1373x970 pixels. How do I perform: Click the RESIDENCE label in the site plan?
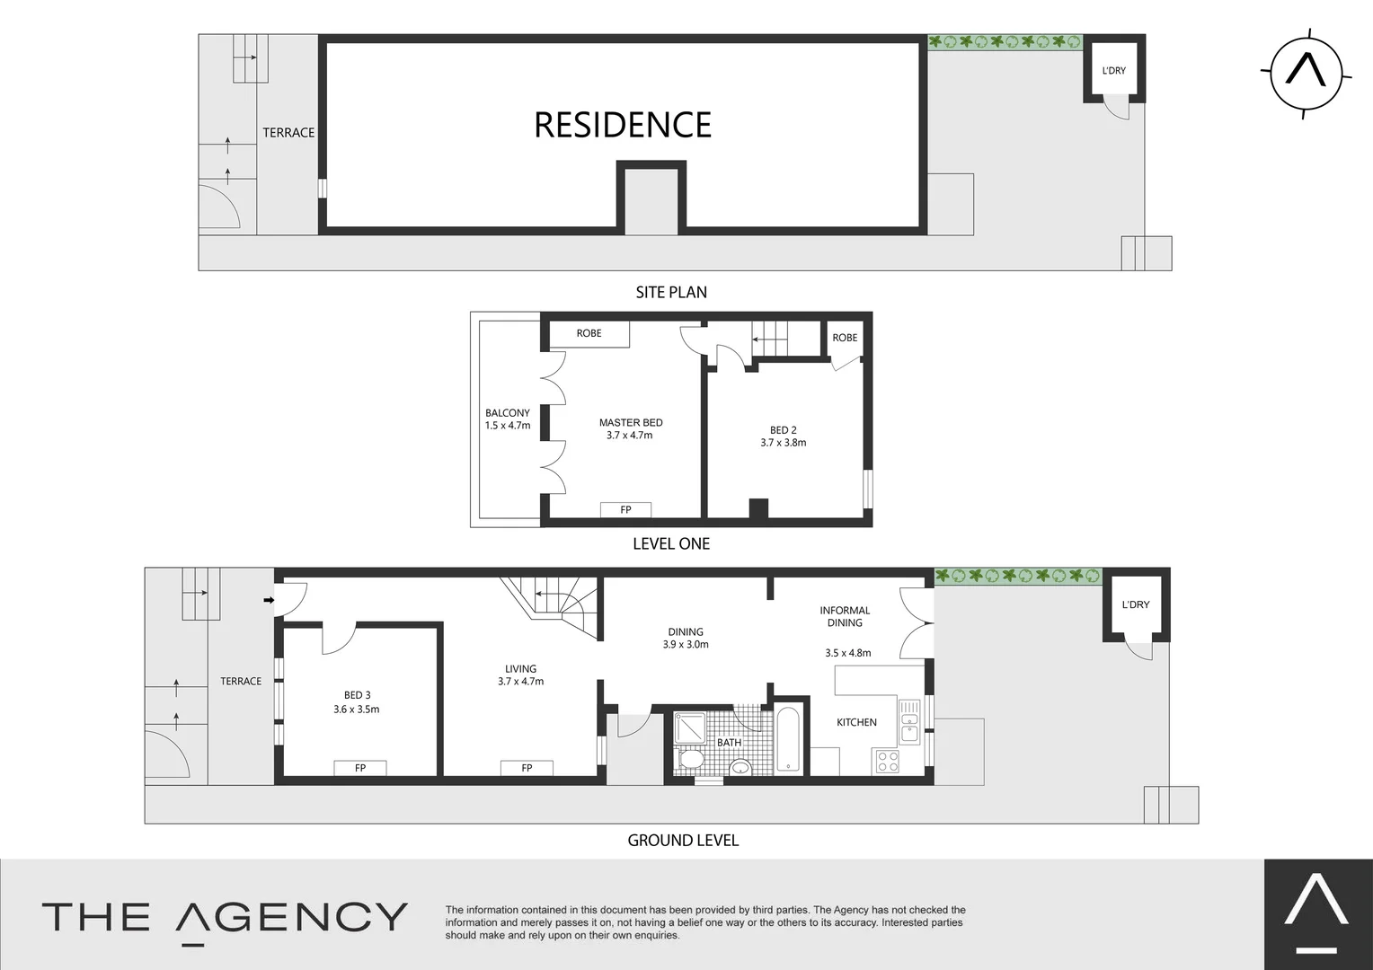623,125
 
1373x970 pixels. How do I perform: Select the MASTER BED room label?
631,422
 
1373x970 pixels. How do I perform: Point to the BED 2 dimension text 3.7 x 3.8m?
783,443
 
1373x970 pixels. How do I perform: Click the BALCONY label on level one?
508,413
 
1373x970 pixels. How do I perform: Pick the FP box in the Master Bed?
625,510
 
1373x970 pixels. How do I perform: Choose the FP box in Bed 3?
359,768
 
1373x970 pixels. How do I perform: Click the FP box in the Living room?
527,768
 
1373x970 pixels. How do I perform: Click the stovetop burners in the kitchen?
887,762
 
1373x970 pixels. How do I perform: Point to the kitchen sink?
909,721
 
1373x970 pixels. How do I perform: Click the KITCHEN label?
856,722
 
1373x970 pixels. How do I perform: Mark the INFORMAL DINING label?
845,616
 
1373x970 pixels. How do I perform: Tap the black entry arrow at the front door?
268,599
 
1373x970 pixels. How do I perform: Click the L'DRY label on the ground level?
1136,604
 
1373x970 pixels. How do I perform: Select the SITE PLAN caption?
671,292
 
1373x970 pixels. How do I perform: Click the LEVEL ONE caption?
671,543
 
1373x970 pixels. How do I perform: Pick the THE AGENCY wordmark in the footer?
225,918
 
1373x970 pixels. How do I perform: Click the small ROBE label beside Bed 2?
845,338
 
